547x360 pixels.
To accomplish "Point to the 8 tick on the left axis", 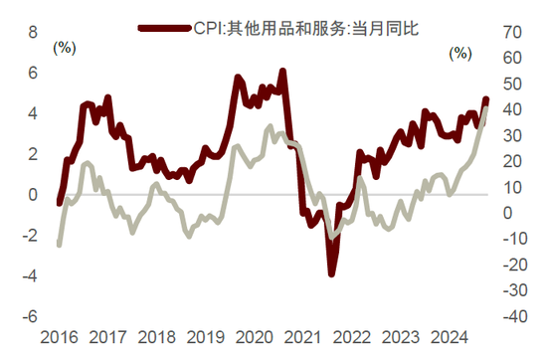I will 32,33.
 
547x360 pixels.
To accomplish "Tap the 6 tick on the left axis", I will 32,74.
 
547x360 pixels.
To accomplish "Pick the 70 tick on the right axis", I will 512,33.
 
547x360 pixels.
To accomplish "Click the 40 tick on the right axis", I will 512,110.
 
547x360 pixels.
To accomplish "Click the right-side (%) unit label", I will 460,54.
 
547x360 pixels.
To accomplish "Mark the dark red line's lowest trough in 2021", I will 332,273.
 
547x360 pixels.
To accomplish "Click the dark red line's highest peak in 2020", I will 283,72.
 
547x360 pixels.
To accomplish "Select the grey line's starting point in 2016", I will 59,245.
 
